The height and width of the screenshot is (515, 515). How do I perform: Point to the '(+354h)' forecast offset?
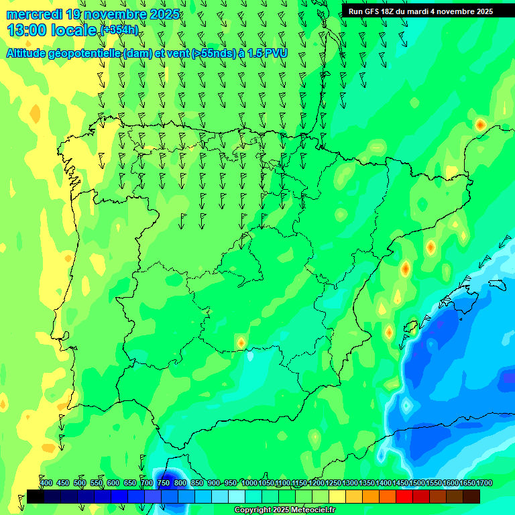pyautogui.click(x=119, y=30)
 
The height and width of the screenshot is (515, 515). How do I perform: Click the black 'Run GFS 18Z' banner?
pyautogui.click(x=420, y=11)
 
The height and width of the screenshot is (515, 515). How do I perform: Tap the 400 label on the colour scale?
pyautogui.click(x=46, y=483)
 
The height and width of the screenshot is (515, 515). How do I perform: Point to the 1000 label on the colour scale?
pyautogui.click(x=249, y=483)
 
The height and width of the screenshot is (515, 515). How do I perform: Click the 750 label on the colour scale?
pyautogui.click(x=163, y=483)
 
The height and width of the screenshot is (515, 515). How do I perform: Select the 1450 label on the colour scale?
pyautogui.click(x=400, y=483)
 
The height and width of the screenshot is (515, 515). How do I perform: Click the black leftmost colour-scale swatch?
pyautogui.click(x=36, y=496)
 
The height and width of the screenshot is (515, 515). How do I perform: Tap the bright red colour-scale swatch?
pyautogui.click(x=404, y=496)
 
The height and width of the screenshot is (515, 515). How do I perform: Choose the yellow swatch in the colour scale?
pyautogui.click(x=337, y=496)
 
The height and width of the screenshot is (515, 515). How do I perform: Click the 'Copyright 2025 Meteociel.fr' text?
pyautogui.click(x=284, y=510)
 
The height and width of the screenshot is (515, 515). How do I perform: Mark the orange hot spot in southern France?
pyautogui.click(x=480, y=125)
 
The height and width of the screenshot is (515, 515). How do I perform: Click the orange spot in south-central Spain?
pyautogui.click(x=241, y=343)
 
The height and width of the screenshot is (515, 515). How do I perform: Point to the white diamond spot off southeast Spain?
pyautogui.click(x=406, y=405)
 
